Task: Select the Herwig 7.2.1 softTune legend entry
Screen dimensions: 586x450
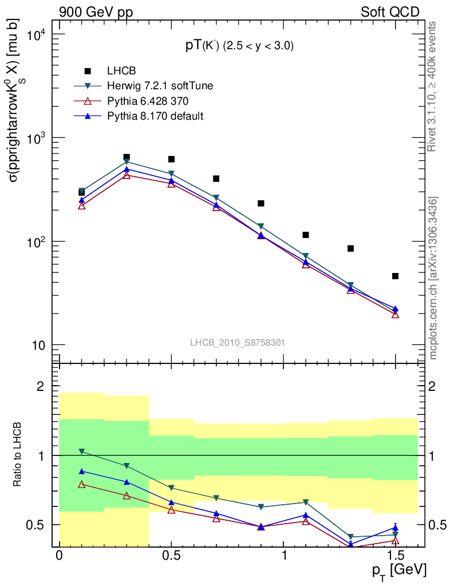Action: click(x=160, y=86)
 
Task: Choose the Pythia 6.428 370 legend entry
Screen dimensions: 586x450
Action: click(x=148, y=101)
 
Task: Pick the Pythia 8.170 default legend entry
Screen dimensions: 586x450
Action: click(x=155, y=116)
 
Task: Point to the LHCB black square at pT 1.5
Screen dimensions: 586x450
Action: click(x=395, y=276)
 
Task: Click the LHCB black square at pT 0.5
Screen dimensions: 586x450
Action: click(x=171, y=159)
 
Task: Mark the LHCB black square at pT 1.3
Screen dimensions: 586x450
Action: click(x=350, y=248)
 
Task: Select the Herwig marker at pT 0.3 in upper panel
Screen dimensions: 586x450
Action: click(x=127, y=162)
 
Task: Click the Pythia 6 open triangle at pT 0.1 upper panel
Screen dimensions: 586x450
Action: click(x=82, y=206)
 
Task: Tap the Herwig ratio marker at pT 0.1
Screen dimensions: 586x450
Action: click(x=82, y=452)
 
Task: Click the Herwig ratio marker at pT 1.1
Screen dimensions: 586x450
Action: click(x=306, y=502)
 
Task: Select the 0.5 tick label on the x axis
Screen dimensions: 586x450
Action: click(x=171, y=557)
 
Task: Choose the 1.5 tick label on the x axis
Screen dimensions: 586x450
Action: click(x=395, y=557)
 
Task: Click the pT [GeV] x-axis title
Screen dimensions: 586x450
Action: click(x=399, y=571)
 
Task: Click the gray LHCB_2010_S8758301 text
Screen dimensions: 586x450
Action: click(x=238, y=342)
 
